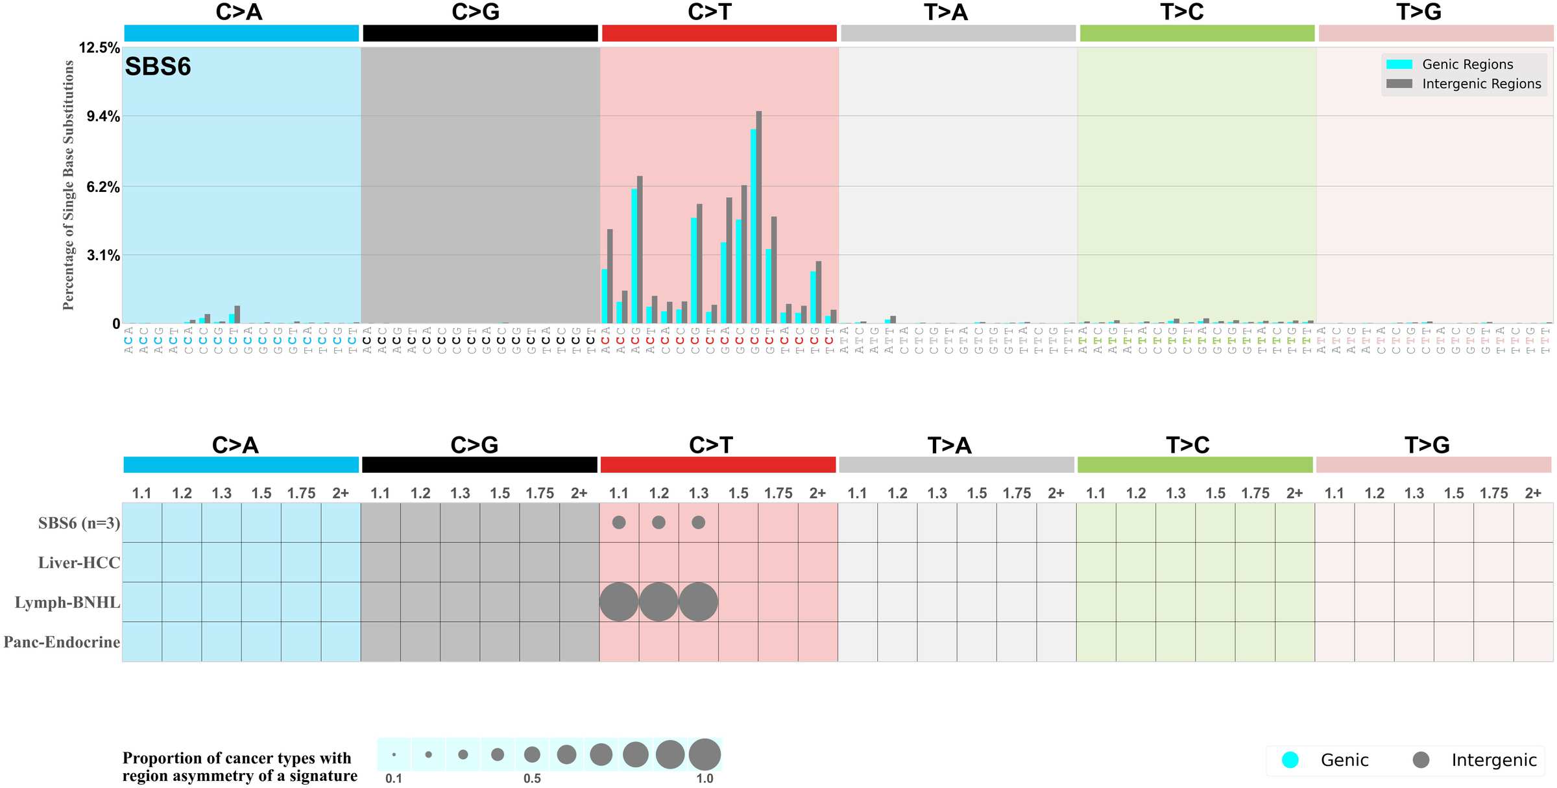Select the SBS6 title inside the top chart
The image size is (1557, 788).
[x=158, y=67]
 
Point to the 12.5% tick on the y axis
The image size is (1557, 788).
[x=99, y=47]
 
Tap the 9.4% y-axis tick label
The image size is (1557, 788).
[x=103, y=117]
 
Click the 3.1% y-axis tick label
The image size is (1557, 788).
[x=103, y=256]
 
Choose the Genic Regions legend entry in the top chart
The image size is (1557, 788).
[x=1467, y=64]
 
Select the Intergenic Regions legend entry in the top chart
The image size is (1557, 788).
[x=1481, y=84]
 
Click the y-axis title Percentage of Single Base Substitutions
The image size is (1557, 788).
[x=68, y=185]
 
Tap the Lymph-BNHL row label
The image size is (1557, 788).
[x=67, y=603]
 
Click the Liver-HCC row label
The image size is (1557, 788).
[x=79, y=563]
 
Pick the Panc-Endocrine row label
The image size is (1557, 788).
[x=62, y=642]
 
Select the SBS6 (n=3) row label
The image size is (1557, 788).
[x=79, y=523]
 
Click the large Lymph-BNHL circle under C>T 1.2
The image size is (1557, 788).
[x=658, y=602]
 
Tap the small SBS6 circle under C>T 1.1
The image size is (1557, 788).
[x=619, y=522]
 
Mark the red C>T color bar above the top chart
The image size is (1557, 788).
[x=719, y=33]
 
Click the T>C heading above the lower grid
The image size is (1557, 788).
[x=1187, y=446]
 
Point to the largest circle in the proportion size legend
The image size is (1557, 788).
[x=705, y=755]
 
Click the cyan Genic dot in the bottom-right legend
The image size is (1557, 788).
[x=1290, y=760]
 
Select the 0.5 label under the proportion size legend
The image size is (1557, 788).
[x=532, y=778]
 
